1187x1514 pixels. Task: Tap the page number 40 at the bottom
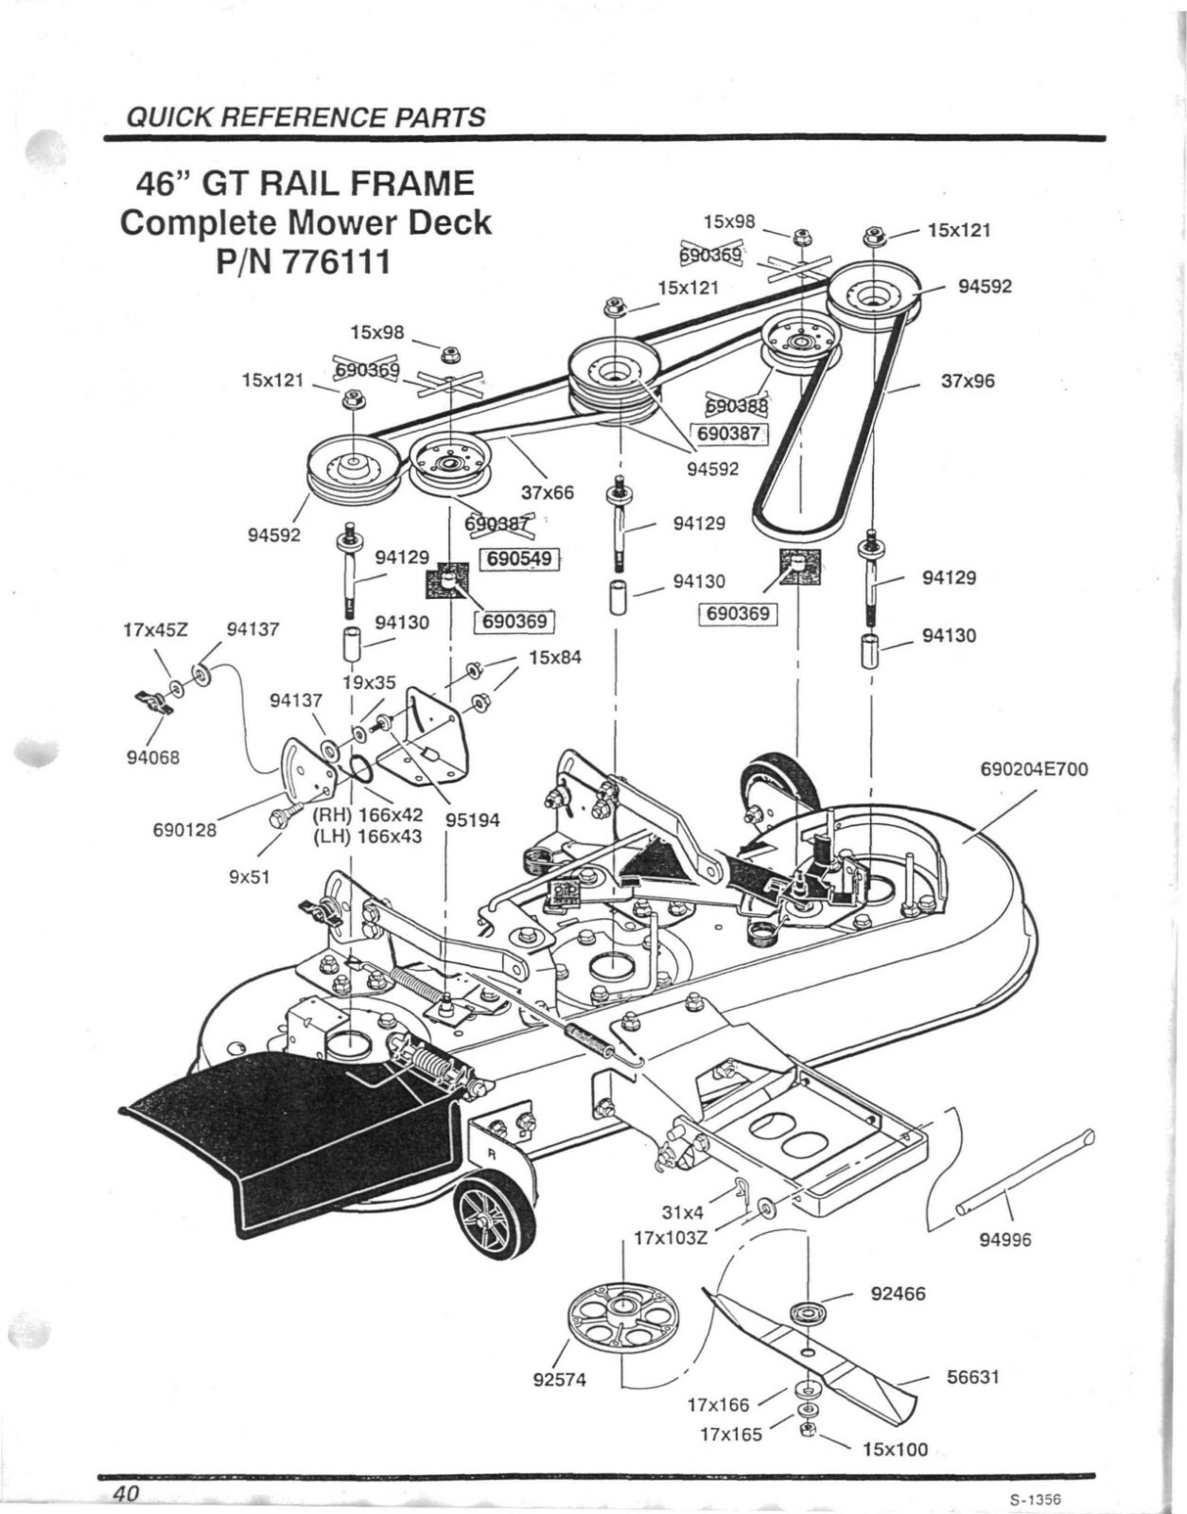(x=127, y=1493)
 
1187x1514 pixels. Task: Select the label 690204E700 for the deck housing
(x=1034, y=769)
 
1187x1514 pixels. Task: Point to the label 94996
(x=1004, y=1240)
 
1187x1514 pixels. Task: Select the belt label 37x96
(x=968, y=381)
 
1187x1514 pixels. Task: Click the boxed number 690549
(x=519, y=558)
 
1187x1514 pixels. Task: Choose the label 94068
(x=152, y=757)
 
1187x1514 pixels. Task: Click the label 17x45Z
(x=156, y=628)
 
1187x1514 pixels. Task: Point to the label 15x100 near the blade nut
(x=895, y=1450)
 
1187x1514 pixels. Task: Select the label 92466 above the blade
(x=898, y=1294)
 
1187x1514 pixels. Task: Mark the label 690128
(x=184, y=830)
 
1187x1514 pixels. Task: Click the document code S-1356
(x=1035, y=1499)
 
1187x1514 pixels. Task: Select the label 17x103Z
(x=670, y=1238)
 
